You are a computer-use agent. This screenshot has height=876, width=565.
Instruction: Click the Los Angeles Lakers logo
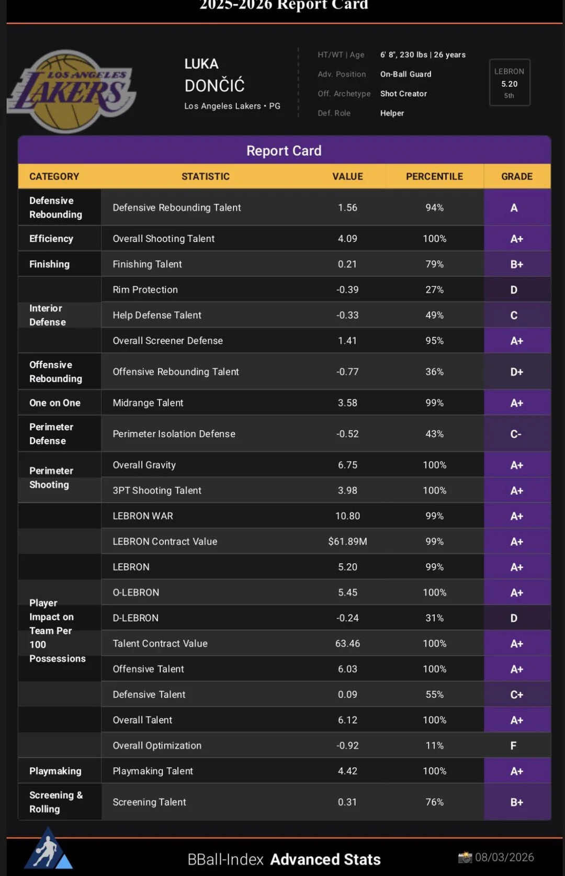tap(72, 91)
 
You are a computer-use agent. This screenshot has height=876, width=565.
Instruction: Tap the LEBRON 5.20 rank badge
tap(510, 83)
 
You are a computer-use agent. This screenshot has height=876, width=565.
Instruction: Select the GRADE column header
tap(516, 176)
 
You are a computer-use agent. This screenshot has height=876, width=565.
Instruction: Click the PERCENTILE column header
tap(434, 176)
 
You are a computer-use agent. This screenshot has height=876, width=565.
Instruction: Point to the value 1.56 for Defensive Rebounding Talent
tap(347, 208)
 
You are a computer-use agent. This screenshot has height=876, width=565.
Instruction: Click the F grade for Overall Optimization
tap(513, 745)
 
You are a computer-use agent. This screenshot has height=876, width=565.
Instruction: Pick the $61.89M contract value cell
tap(347, 541)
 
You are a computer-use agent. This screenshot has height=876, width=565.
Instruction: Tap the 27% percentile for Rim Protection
tap(434, 290)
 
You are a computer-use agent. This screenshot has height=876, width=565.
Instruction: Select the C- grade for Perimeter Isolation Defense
tap(516, 434)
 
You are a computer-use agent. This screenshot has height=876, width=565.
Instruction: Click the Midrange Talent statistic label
tap(148, 403)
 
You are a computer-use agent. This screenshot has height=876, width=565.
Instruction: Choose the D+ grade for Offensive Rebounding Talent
tap(516, 372)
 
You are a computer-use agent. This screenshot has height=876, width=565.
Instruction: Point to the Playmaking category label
tap(55, 771)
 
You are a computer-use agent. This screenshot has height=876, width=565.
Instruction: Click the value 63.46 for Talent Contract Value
tap(347, 643)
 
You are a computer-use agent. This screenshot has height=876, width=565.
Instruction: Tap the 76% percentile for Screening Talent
tap(434, 802)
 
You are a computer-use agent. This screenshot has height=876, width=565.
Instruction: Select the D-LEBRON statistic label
tap(135, 618)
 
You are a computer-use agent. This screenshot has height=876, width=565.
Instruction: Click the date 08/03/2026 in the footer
tap(504, 857)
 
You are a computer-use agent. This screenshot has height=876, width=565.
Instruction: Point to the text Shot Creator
tap(403, 94)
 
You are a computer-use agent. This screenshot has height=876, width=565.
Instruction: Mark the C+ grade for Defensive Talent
tap(516, 694)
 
